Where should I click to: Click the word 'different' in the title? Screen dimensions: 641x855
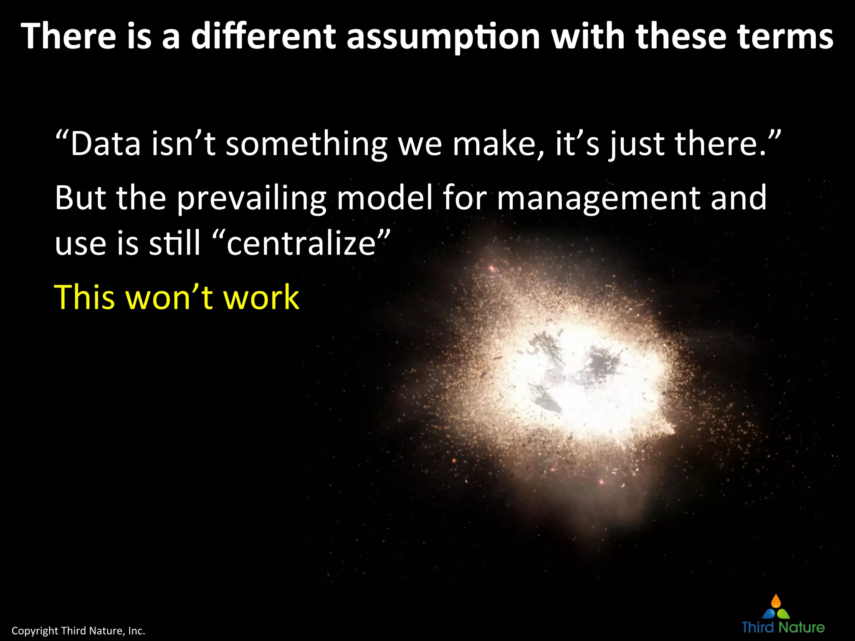click(x=263, y=37)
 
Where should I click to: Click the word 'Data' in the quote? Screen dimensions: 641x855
click(x=105, y=144)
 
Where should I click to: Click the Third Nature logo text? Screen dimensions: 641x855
click(x=783, y=627)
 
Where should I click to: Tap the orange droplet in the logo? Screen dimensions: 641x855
click(x=776, y=601)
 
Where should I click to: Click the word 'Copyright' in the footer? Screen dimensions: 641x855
click(x=35, y=631)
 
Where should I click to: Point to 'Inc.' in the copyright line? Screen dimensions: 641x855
click(x=136, y=631)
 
